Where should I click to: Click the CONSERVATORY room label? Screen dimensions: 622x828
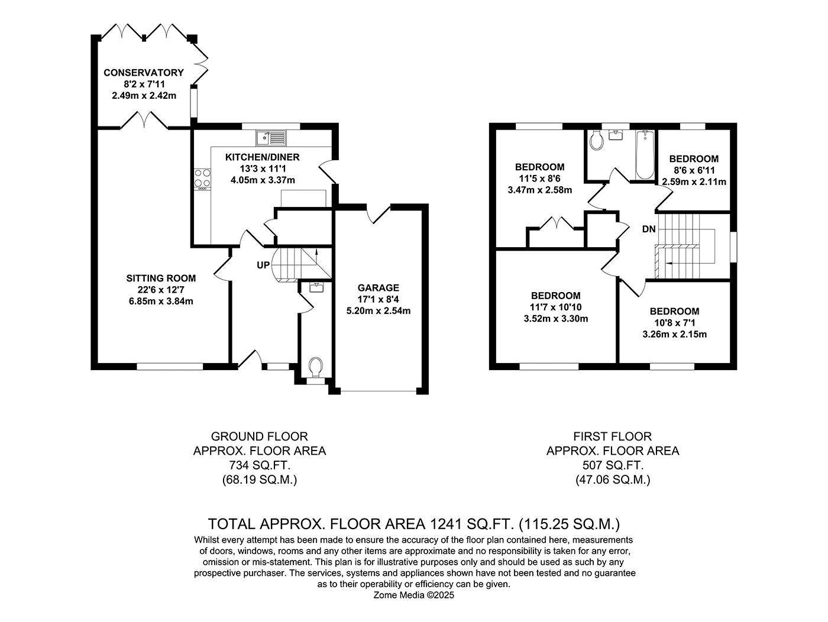144,73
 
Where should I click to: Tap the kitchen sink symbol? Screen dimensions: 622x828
271,138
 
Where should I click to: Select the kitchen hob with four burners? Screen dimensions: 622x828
202,179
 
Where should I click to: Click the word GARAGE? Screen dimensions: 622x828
378,288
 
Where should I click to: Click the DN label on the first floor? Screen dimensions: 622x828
649,229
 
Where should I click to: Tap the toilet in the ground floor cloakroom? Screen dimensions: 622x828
316,366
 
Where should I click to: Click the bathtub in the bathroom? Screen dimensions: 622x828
644,155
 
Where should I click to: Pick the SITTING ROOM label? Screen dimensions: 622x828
161,278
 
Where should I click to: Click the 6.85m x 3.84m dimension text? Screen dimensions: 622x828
161,301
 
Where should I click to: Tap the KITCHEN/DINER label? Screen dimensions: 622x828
263,157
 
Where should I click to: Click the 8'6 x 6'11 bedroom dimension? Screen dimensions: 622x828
694,170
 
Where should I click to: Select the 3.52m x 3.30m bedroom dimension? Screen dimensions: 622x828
555,319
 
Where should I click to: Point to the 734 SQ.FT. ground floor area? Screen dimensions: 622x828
259,465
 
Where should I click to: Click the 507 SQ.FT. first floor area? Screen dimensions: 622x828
612,465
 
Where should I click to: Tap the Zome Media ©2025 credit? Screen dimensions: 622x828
414,595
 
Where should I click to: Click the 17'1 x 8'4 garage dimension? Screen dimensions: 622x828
378,299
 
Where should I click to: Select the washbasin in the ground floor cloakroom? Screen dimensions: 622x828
315,288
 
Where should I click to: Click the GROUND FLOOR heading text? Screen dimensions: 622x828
259,437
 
